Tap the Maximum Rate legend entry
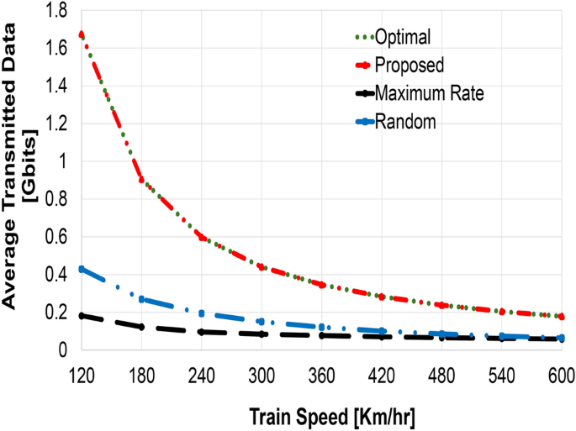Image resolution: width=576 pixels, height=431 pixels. coord(428,93)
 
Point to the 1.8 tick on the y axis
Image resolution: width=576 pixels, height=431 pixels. coord(58,9)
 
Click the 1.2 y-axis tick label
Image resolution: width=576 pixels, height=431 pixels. coord(58,123)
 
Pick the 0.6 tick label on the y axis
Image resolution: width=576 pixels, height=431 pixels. coord(58,236)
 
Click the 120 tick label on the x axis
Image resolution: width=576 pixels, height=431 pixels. coord(82,371)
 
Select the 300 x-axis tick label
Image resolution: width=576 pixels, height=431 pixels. coord(262,371)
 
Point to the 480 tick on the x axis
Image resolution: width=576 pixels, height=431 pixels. coord(441,371)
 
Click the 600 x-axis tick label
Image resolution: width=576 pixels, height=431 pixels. coord(561,371)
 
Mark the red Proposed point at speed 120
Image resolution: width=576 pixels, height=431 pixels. coord(82,34)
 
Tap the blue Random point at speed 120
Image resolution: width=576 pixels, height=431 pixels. coord(82,269)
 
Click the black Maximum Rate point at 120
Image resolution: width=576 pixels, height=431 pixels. coord(82,315)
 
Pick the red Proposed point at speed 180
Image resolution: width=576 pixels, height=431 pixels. coord(142,181)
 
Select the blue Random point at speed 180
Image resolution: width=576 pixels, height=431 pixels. coord(142,299)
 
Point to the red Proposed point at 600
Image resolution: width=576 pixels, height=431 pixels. coord(561,317)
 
